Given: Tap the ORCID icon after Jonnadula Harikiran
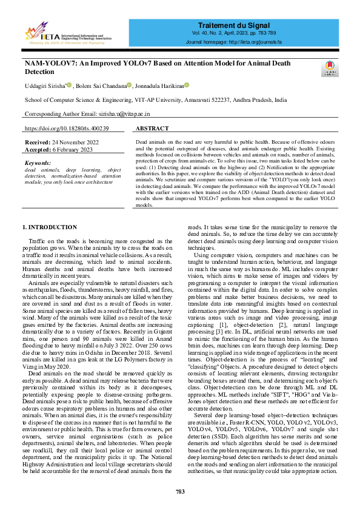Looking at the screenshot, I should [187, 86].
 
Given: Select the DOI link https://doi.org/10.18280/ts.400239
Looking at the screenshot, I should [67, 129].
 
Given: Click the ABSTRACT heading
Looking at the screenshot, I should [152, 129].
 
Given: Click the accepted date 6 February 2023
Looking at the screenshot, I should [72, 149].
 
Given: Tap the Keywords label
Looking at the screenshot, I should [38, 163].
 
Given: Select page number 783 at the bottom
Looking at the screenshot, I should [180, 491].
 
